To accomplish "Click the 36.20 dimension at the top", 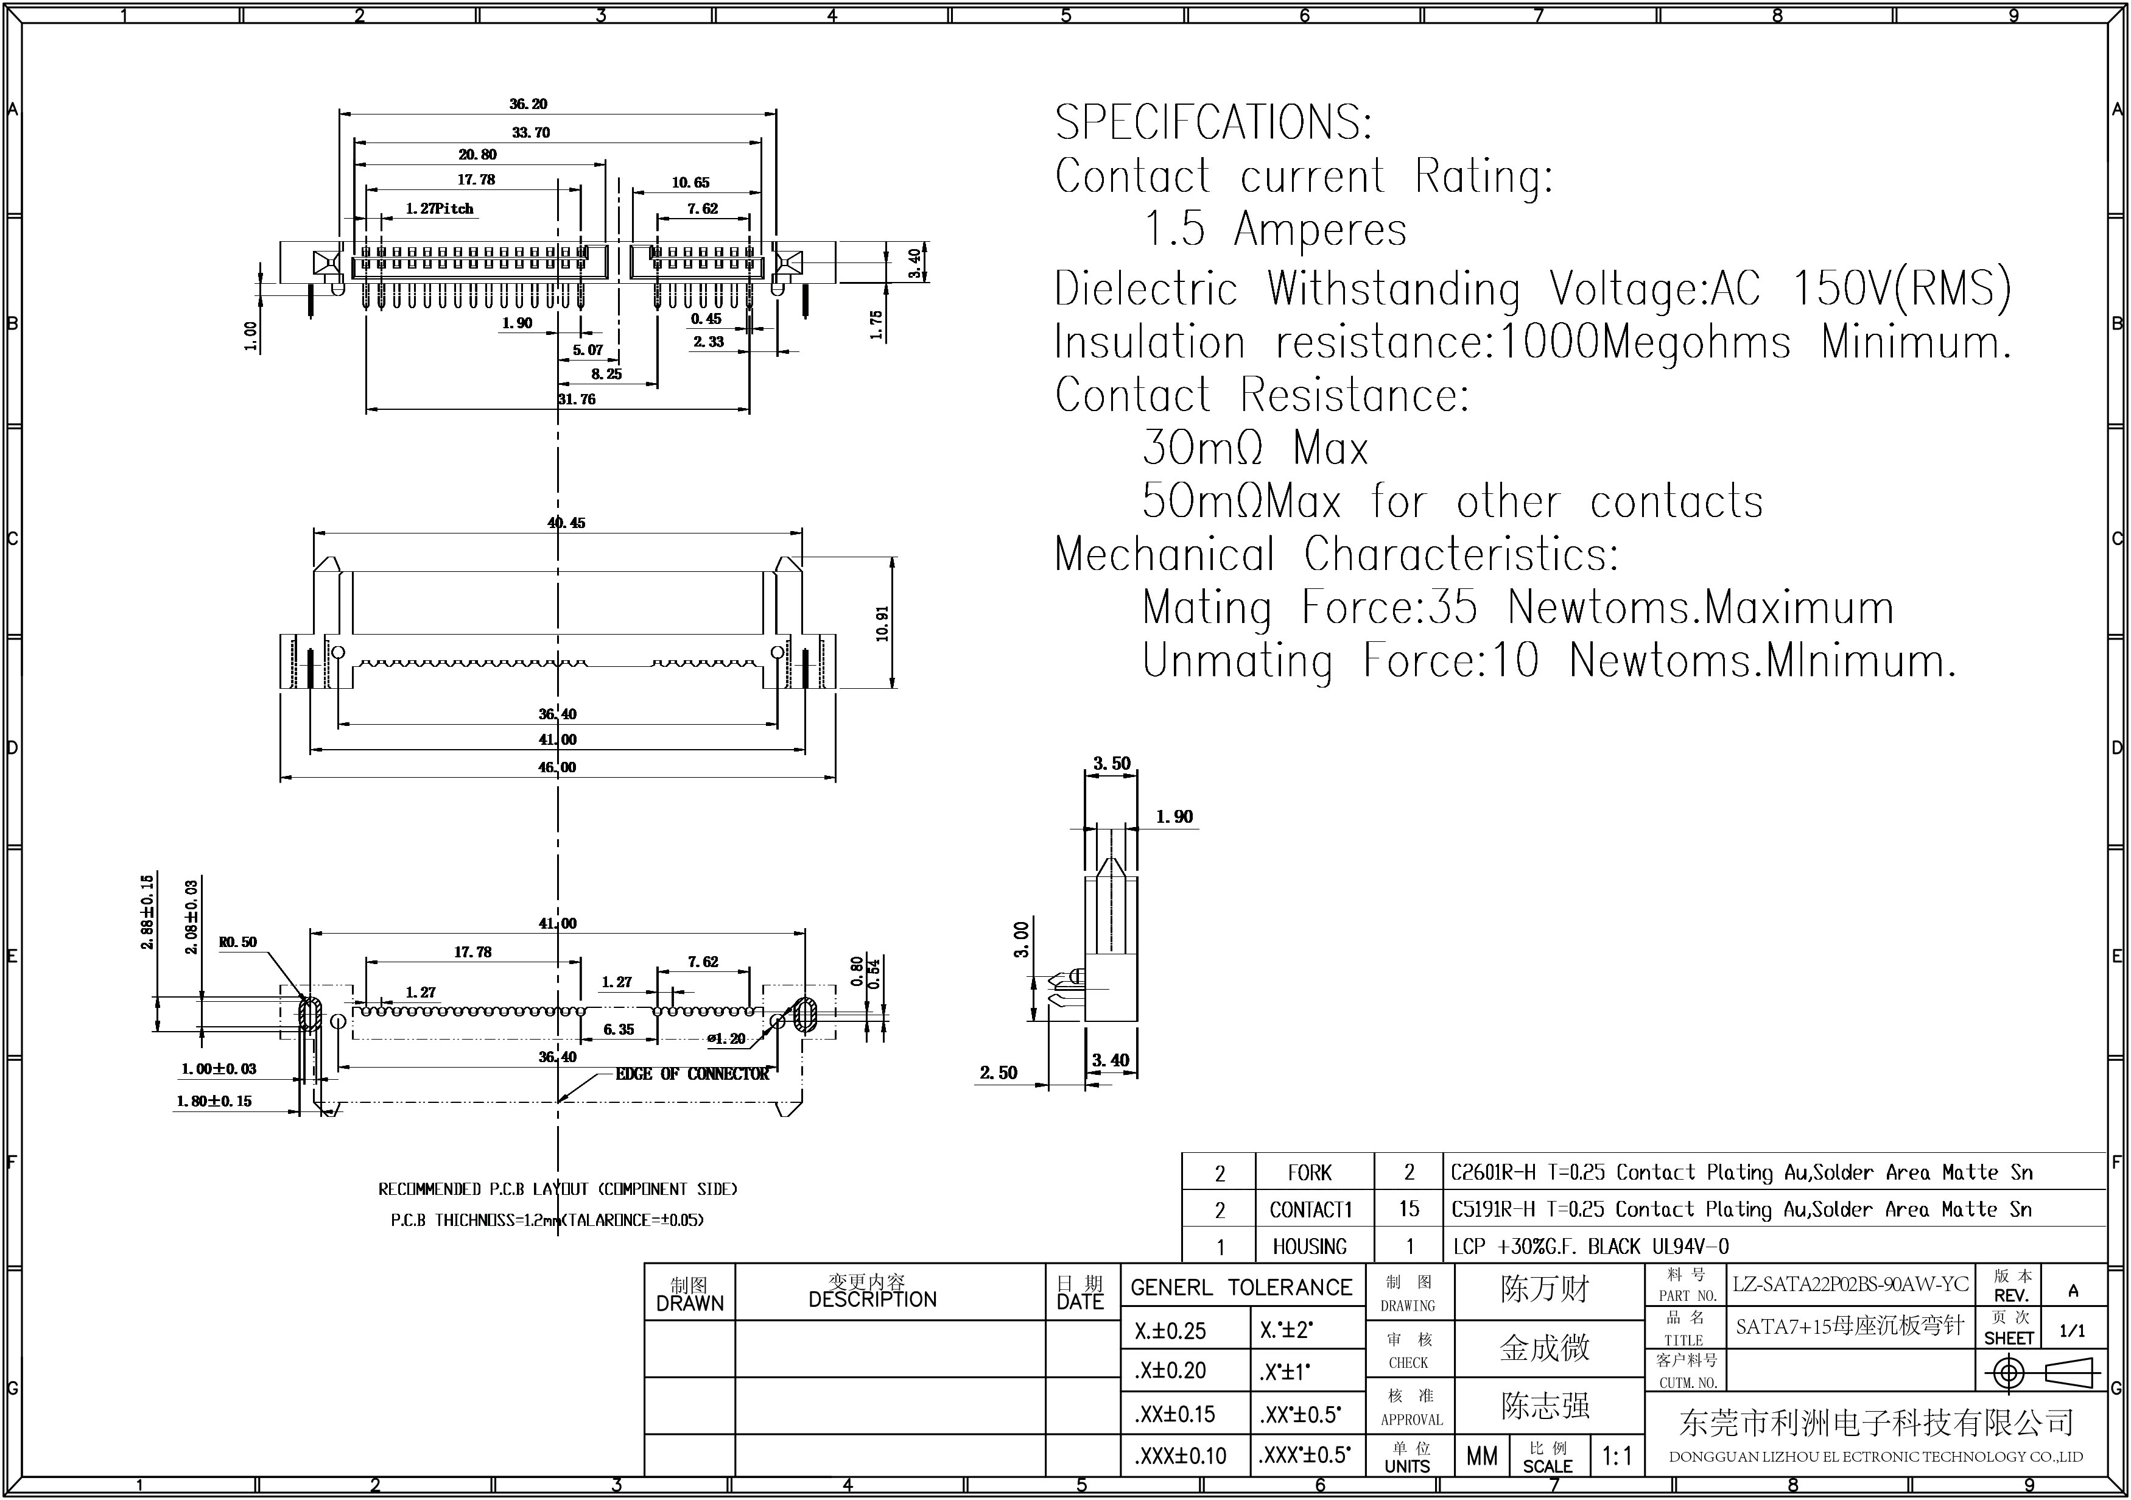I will click(528, 104).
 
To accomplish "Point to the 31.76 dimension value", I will click(577, 399).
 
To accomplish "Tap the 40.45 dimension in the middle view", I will click(566, 523).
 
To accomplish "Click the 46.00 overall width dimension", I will click(557, 767).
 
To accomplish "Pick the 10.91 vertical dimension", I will click(882, 623).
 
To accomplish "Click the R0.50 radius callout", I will click(237, 942).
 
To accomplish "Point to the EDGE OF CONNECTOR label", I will click(692, 1074).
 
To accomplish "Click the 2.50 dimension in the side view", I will click(999, 1073).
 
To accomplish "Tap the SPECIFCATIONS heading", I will click(1213, 122).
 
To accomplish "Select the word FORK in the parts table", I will click(1310, 1172).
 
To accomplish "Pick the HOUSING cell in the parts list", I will click(1310, 1245).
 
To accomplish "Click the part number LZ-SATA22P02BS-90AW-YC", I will click(1850, 1284).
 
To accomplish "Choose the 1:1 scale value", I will click(1617, 1456).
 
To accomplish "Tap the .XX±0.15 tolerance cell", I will click(1174, 1414).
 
